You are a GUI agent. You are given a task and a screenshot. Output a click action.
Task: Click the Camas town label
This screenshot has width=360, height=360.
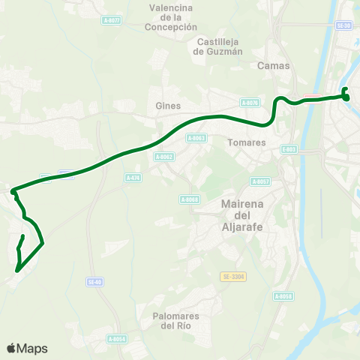tap(268, 65)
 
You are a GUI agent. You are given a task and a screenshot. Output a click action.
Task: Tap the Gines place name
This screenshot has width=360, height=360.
tap(163, 106)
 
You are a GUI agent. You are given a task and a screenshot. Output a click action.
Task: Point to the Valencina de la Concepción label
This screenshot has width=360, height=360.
tap(172, 17)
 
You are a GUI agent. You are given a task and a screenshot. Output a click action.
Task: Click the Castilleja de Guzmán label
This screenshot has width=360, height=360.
tap(218, 46)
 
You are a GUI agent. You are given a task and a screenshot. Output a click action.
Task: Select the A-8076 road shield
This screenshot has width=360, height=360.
tap(250, 103)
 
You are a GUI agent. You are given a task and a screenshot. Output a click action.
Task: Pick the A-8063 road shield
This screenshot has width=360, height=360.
tap(196, 139)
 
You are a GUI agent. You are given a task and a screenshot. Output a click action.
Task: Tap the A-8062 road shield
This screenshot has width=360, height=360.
tap(163, 157)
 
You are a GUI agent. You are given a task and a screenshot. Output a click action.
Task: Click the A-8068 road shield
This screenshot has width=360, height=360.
tap(189, 199)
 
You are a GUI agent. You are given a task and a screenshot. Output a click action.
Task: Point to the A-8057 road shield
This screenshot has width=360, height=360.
tap(260, 181)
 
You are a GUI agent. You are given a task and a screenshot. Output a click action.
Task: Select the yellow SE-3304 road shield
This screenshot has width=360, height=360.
tap(234, 277)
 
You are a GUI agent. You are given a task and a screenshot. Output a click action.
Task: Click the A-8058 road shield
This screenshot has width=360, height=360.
tap(283, 296)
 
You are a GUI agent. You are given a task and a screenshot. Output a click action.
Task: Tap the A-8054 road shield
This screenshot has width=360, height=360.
tap(116, 339)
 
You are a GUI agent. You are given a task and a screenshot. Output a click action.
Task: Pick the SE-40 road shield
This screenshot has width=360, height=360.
tap(94, 282)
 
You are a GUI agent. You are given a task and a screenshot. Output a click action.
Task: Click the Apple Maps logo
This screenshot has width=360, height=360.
tap(27, 348)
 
